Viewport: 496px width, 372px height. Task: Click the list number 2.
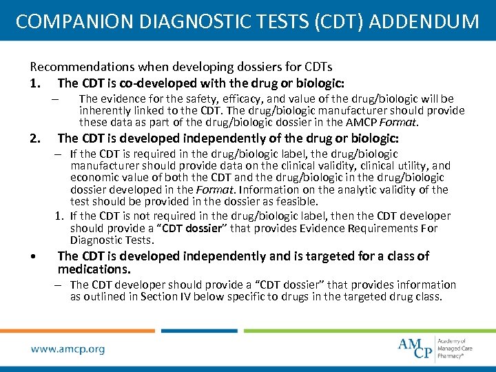34,138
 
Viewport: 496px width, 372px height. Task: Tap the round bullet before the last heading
34,256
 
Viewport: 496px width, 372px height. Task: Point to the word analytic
326,189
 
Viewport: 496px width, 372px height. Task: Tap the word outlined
114,297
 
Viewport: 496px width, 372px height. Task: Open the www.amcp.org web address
68,349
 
